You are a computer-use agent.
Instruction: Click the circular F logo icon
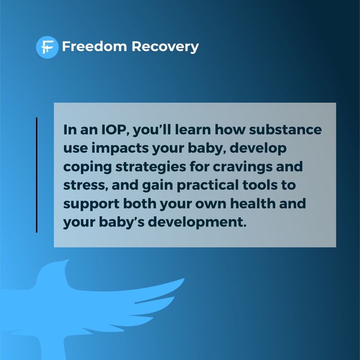click(47, 47)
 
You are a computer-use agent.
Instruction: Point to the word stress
click(85, 185)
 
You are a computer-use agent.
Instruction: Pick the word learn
click(190, 130)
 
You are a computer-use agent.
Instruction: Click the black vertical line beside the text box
click(37, 175)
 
